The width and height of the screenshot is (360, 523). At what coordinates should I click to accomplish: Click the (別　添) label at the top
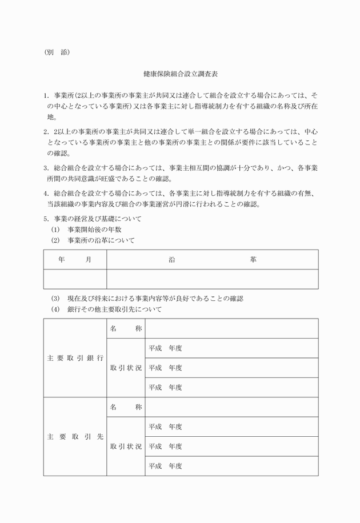pyautogui.click(x=57, y=52)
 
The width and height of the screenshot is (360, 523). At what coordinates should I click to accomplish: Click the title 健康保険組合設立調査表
pyautogui.click(x=180, y=75)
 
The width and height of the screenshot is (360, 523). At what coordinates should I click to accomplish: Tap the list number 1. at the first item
pyautogui.click(x=46, y=94)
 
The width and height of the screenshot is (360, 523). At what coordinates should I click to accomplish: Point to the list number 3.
pyautogui.click(x=46, y=168)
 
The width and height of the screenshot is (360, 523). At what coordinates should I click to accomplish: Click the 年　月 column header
pyautogui.click(x=75, y=260)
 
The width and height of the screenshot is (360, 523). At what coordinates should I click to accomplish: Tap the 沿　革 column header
pyautogui.click(x=212, y=260)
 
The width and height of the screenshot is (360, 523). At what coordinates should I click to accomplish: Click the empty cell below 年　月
pyautogui.click(x=75, y=279)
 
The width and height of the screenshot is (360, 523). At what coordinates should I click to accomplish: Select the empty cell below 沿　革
pyautogui.click(x=212, y=279)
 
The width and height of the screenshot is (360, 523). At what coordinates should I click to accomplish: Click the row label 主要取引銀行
pyautogui.click(x=75, y=358)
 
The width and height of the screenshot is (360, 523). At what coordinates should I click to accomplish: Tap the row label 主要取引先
pyautogui.click(x=75, y=437)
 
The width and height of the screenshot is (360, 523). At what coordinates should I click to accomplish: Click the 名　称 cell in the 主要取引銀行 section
pyautogui.click(x=126, y=328)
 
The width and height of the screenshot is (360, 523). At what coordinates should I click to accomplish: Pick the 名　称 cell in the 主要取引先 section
pyautogui.click(x=126, y=407)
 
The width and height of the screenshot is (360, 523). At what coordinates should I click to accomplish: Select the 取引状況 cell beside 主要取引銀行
pyautogui.click(x=126, y=368)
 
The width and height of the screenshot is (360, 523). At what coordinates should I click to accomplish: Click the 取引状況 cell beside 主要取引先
pyautogui.click(x=126, y=446)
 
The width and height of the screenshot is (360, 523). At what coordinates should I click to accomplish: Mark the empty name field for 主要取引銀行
pyautogui.click(x=231, y=328)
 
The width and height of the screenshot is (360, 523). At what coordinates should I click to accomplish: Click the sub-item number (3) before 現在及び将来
pyautogui.click(x=55, y=299)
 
